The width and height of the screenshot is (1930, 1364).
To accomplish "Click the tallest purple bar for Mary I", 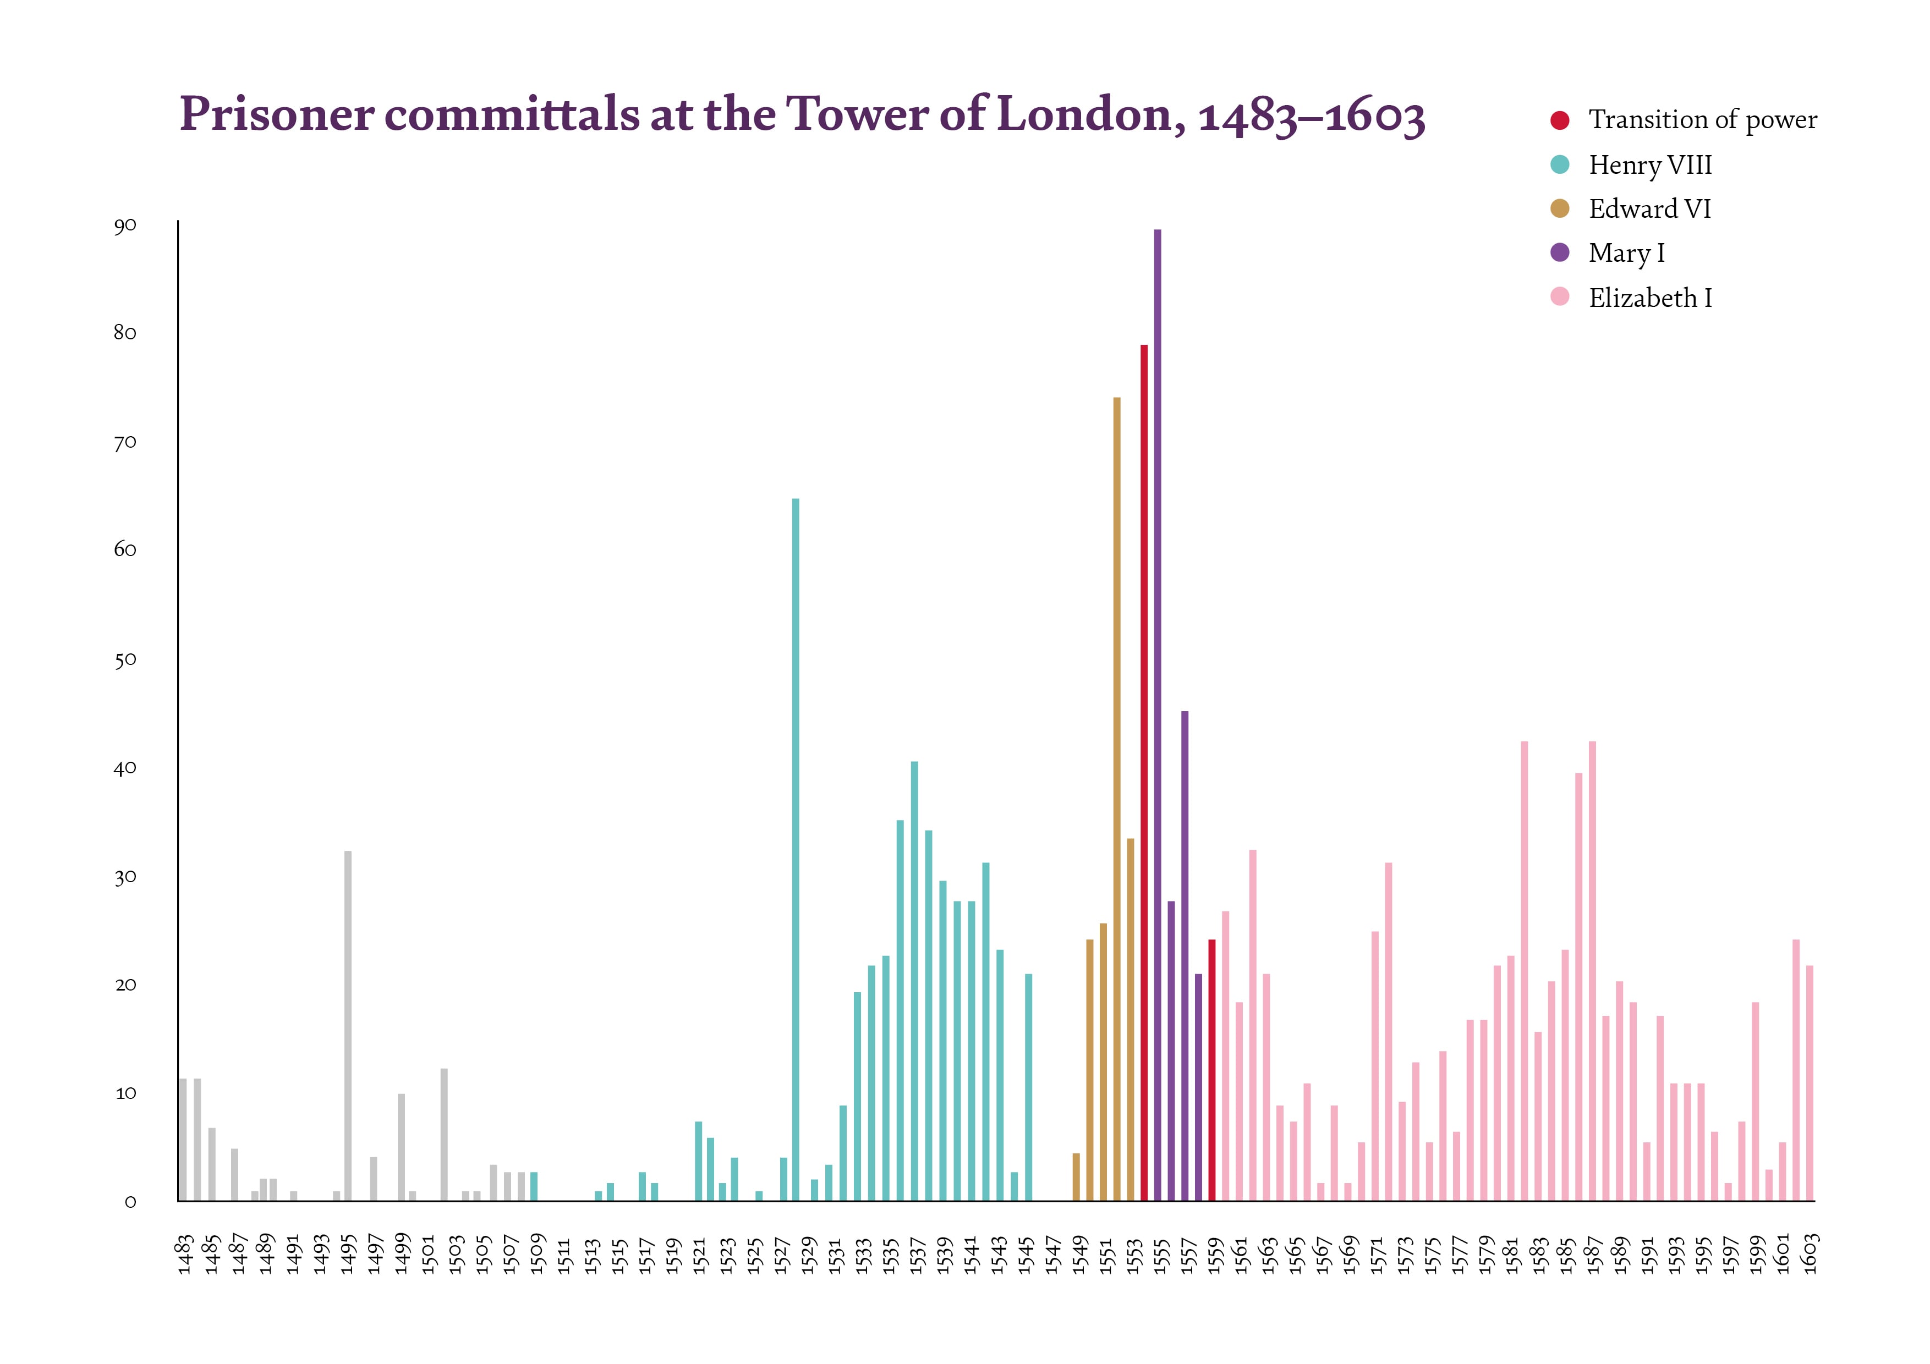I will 1158,714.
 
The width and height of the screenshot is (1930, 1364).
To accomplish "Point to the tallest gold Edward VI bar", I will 1116,799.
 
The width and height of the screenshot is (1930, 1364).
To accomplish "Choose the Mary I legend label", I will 1626,253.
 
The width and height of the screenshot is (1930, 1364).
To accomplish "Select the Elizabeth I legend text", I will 1650,298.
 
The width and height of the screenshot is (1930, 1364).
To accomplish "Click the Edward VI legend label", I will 1649,208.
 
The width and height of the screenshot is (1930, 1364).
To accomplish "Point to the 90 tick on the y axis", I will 125,226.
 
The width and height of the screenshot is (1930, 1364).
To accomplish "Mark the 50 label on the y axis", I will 125,660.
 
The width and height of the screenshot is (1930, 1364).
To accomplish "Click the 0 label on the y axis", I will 130,1202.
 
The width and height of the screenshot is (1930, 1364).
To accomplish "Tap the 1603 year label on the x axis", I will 1811,1254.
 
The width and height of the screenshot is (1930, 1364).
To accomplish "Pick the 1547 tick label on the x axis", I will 1052,1254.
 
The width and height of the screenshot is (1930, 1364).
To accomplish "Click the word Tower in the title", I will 856,113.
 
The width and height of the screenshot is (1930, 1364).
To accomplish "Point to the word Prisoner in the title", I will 277,113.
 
